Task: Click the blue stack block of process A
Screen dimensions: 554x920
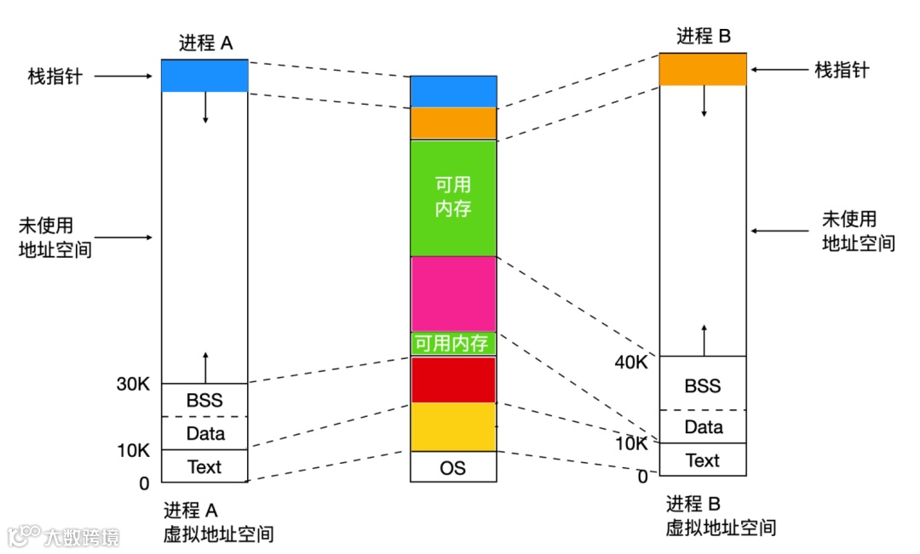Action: tap(204, 76)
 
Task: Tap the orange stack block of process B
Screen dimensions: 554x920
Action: tap(703, 69)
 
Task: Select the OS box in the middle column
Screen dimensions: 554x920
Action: tap(453, 467)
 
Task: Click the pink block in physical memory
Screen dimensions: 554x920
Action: tap(453, 294)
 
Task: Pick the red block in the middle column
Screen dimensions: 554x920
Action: tap(453, 380)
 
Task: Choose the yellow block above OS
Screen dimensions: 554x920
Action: tap(453, 426)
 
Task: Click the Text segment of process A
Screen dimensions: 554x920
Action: tap(204, 466)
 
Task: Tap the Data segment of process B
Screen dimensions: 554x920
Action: tap(703, 427)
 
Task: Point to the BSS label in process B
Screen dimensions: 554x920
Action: tap(703, 386)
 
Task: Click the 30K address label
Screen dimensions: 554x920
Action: tap(133, 385)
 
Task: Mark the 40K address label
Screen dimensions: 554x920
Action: tap(630, 363)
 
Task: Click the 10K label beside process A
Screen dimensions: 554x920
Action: tap(133, 450)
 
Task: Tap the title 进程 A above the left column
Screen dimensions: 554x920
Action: tap(205, 43)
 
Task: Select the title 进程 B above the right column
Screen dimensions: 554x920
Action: tap(704, 37)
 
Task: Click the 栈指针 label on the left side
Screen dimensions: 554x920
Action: tap(55, 77)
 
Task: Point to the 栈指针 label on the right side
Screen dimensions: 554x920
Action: tap(842, 70)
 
